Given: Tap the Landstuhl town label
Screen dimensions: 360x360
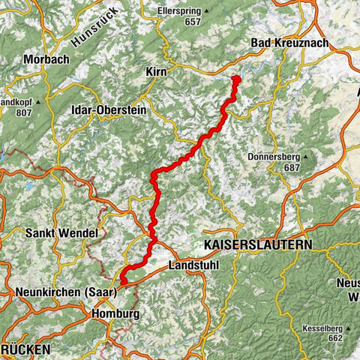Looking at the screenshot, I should pyautogui.click(x=191, y=266).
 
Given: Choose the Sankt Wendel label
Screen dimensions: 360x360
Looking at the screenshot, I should pyautogui.click(x=61, y=233).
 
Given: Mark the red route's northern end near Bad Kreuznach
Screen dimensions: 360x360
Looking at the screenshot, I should pyautogui.click(x=236, y=79).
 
